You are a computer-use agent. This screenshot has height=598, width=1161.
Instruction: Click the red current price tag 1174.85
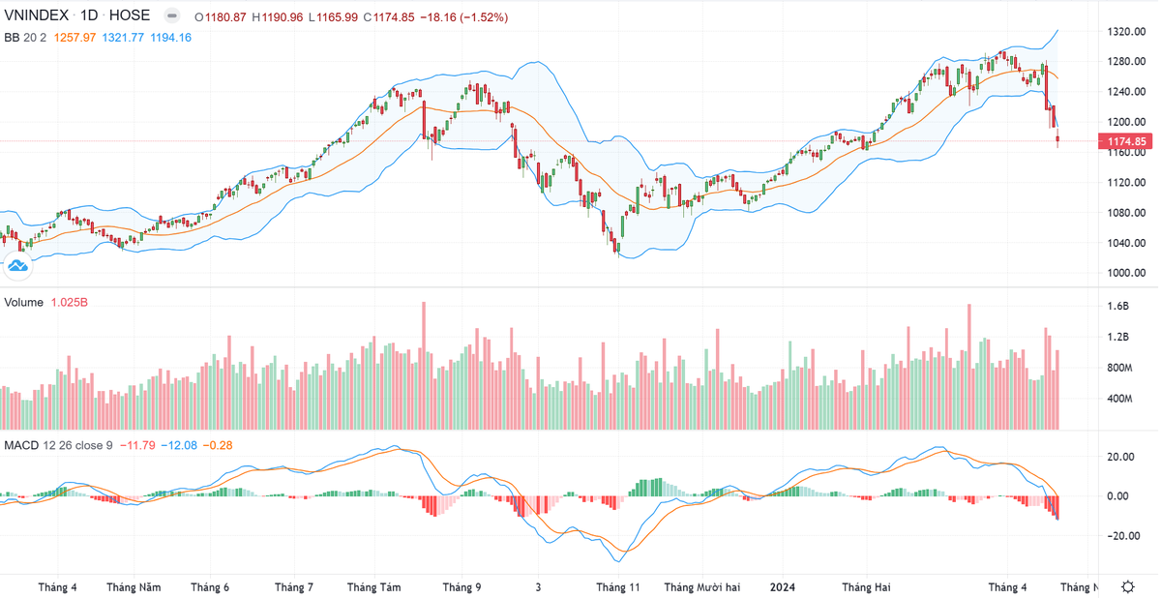pos(1126,141)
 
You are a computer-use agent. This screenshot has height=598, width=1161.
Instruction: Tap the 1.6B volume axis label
pos(1117,307)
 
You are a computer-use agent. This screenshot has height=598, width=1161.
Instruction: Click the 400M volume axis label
pos(1118,399)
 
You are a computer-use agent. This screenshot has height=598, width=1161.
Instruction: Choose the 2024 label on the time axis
pos(782,586)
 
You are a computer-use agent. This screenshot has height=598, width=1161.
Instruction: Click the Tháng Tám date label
pos(373,586)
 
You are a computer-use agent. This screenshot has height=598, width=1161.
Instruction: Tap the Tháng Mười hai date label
pos(701,586)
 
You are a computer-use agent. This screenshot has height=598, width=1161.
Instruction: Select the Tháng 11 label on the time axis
pos(618,586)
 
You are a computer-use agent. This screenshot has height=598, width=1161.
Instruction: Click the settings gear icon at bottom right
pos(1128,586)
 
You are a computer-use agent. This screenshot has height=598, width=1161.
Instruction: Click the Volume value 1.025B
pos(70,303)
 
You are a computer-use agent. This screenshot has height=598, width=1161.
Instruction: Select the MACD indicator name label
pos(21,445)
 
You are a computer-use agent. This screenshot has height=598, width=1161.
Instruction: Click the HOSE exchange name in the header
pos(130,16)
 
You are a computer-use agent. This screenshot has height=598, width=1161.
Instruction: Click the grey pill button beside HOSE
pos(171,16)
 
